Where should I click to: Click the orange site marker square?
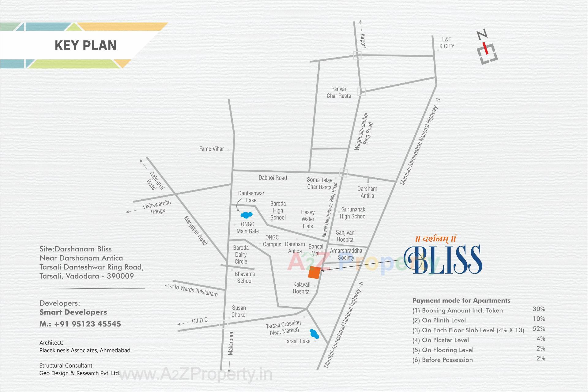coord(314,272)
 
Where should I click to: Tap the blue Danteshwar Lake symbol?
coord(246,215)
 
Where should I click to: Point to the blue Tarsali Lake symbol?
coord(314,334)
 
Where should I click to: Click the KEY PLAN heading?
coord(85,45)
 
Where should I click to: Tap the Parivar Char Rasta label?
coord(339,92)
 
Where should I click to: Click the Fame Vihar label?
coord(211,149)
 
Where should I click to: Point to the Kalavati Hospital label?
coord(302,288)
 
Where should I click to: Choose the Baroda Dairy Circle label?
coord(241,254)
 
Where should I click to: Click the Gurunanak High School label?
coord(353,213)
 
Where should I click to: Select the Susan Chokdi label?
coord(239,311)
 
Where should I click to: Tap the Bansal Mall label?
coord(316,250)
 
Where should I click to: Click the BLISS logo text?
coord(443,259)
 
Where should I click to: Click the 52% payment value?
coord(539,329)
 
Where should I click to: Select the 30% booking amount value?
coord(539,309)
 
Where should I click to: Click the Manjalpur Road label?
coord(195,231)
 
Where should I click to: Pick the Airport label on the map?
coord(363,41)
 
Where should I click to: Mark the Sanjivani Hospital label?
coord(345,236)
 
